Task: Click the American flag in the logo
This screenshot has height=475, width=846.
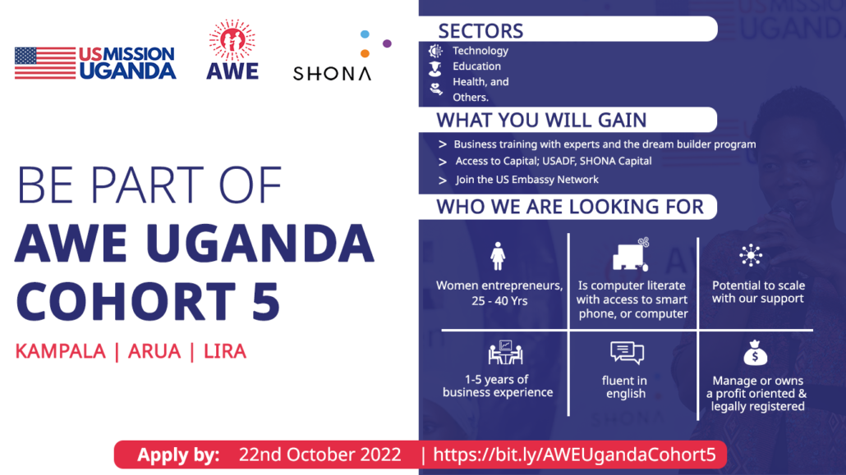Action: click(x=45, y=63)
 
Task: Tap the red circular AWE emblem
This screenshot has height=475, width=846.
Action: click(x=232, y=40)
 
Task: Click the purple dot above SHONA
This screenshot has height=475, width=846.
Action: click(x=387, y=43)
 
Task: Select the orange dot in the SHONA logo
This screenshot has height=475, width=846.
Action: click(x=365, y=53)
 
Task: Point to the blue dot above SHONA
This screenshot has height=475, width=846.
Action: click(x=365, y=34)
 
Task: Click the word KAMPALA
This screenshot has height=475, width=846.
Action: click(x=61, y=351)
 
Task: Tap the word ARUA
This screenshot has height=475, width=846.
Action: click(x=154, y=351)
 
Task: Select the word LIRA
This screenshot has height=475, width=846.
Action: click(x=225, y=351)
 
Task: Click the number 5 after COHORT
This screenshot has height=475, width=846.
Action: click(x=265, y=301)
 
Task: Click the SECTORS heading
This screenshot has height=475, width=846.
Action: click(x=480, y=30)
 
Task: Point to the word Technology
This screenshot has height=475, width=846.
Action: click(x=480, y=51)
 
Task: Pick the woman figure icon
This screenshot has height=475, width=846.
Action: click(x=498, y=256)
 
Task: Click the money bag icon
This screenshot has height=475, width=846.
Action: click(x=755, y=353)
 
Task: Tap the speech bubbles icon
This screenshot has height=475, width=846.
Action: click(x=627, y=353)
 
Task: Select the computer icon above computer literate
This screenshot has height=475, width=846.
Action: click(x=631, y=254)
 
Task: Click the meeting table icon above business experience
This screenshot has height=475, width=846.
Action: click(x=505, y=353)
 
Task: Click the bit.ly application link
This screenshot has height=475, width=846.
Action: click(x=574, y=454)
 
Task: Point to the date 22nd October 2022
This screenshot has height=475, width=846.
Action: click(x=320, y=454)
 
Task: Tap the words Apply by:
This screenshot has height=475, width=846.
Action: click(x=178, y=455)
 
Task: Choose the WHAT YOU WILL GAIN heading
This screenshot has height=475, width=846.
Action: click(x=541, y=120)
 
